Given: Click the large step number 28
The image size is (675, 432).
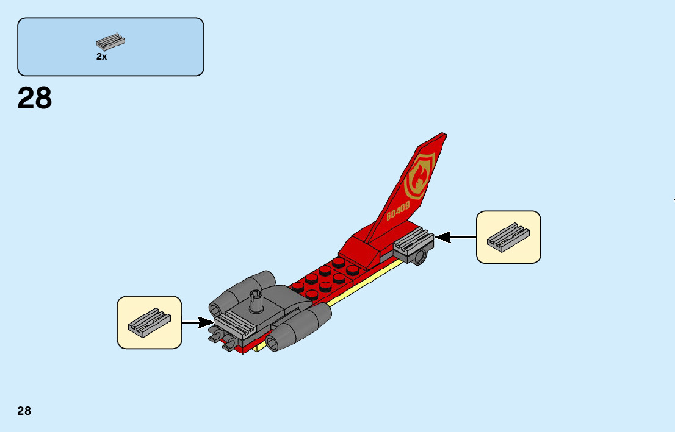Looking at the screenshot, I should tap(35, 98).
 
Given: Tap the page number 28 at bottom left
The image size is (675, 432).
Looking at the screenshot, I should tap(24, 411).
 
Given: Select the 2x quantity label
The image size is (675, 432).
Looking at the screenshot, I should tap(101, 57).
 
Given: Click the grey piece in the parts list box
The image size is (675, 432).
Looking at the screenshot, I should tap(110, 42).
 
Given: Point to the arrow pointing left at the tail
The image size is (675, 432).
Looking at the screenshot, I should tap(455, 238).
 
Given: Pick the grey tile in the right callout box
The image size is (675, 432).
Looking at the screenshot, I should tap(508, 237).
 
